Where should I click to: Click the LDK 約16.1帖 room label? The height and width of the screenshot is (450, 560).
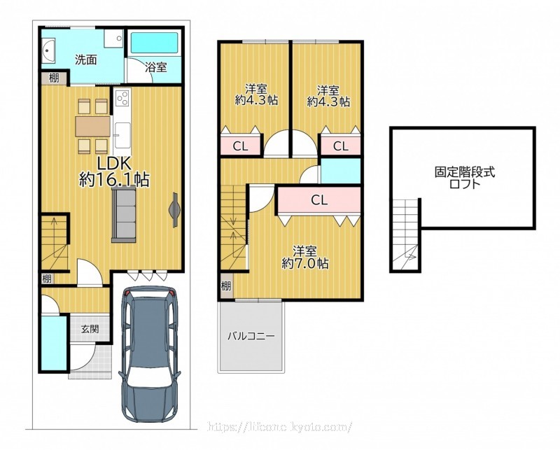(x=114, y=171)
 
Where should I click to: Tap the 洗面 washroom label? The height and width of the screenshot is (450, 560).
(x=85, y=59)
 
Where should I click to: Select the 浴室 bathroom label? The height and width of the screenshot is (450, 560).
(x=156, y=66)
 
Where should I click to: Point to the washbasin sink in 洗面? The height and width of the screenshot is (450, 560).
(x=48, y=50)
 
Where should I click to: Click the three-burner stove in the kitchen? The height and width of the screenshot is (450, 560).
(x=122, y=97)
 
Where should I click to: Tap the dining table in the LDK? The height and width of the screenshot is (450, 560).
(x=93, y=127)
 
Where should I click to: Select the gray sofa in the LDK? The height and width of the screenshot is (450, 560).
(x=124, y=216)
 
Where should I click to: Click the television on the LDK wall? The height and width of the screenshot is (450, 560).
(x=174, y=210)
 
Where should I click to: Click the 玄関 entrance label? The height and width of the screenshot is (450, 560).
(x=90, y=328)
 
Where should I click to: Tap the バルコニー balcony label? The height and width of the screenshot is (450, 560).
(x=251, y=336)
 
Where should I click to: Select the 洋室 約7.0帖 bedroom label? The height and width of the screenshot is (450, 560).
(x=305, y=257)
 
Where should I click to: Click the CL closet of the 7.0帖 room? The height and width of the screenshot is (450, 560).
(x=319, y=199)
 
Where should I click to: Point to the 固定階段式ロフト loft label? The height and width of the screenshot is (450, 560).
(x=465, y=178)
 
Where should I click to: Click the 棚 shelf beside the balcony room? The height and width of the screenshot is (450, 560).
(x=225, y=286)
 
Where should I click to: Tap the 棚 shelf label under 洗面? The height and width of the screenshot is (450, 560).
(x=54, y=78)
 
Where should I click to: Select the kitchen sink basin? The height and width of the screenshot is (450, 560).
(x=122, y=133)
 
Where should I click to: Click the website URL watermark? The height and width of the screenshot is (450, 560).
(x=279, y=426)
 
